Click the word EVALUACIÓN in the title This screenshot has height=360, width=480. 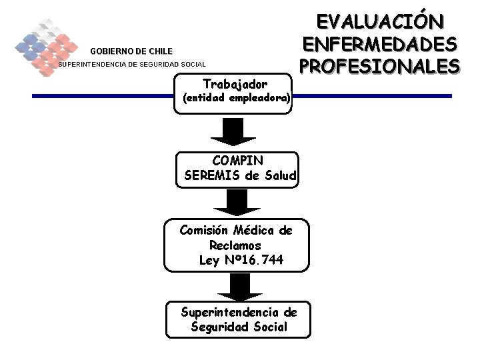point(380,21)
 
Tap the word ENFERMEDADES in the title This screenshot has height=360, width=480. point(380,44)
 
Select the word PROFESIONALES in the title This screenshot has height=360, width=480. point(380,67)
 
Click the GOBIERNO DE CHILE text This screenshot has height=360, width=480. point(131,51)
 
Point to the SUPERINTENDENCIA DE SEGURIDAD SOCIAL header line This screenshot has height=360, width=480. point(133,65)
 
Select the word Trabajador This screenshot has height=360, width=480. point(235,85)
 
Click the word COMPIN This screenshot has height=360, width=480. point(237,161)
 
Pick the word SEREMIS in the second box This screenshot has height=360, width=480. point(212,176)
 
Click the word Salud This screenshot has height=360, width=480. point(280,176)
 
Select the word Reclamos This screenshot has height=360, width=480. point(235,245)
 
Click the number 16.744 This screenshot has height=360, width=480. point(261,260)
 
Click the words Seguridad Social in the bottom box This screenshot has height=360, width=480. point(239,327)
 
